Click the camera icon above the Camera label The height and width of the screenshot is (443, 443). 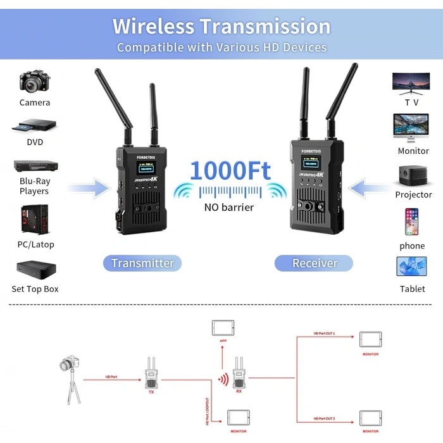click(x=35, y=82)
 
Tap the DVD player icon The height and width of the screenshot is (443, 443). click(x=35, y=126)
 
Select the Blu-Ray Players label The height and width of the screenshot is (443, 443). click(x=35, y=186)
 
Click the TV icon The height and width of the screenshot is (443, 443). click(x=411, y=83)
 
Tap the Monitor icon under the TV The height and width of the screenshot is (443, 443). click(x=411, y=127)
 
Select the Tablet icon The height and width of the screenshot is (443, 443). click(x=412, y=266)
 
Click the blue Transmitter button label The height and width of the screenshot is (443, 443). click(x=142, y=263)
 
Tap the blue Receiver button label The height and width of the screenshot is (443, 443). click(x=315, y=263)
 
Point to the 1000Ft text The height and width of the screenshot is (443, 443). click(x=230, y=171)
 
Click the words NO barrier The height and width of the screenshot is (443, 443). click(x=229, y=207)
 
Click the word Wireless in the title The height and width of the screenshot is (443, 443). click(x=154, y=27)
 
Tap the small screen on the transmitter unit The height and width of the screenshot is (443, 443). click(x=146, y=170)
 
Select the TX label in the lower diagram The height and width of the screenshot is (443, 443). click(x=151, y=392)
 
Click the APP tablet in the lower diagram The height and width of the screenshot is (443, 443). click(x=222, y=327)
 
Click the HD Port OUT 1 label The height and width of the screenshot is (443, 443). click(x=324, y=333)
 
